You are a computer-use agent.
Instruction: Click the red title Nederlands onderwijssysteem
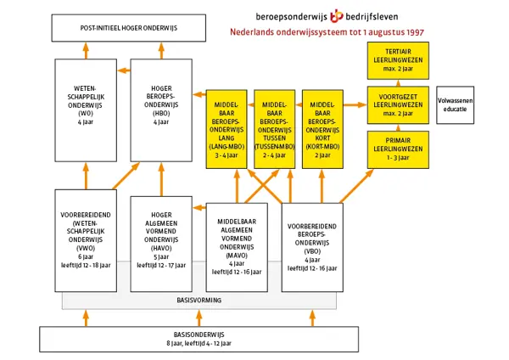pos(327,32)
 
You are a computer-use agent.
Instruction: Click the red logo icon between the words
pos(337,15)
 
